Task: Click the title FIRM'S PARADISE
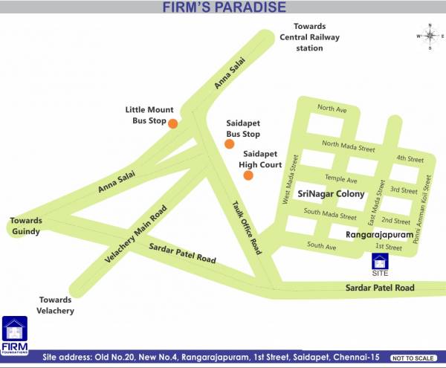tap(224, 7)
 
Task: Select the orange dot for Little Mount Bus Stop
tap(172, 123)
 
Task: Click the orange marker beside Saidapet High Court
tap(248, 175)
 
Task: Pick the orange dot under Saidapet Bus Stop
tap(229, 143)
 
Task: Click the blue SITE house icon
tap(380, 263)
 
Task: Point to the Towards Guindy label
tap(26, 226)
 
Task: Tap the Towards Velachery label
tap(56, 305)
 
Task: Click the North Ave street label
tap(332, 109)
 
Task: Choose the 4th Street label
tap(410, 158)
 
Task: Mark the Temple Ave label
tap(341, 180)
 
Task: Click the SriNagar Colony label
tap(331, 194)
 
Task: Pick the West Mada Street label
tap(289, 178)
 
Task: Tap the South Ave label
tap(322, 245)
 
